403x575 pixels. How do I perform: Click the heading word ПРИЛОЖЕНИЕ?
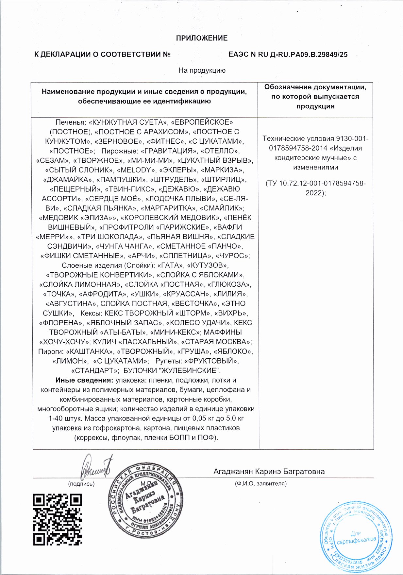[x=202, y=38]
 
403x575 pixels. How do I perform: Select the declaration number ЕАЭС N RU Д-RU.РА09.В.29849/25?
[x=288, y=54]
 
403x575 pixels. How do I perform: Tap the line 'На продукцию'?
[x=202, y=70]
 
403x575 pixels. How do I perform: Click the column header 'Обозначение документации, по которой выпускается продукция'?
[x=315, y=97]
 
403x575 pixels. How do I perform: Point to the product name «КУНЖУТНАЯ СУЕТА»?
[x=128, y=122]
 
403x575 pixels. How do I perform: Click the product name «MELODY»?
[x=136, y=170]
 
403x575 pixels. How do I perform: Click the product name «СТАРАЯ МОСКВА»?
[x=216, y=342]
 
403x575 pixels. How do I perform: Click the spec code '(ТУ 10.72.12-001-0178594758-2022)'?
[x=315, y=188]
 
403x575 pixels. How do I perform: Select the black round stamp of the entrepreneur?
[x=145, y=501]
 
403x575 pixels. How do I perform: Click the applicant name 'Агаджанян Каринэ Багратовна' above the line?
[x=269, y=472]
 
